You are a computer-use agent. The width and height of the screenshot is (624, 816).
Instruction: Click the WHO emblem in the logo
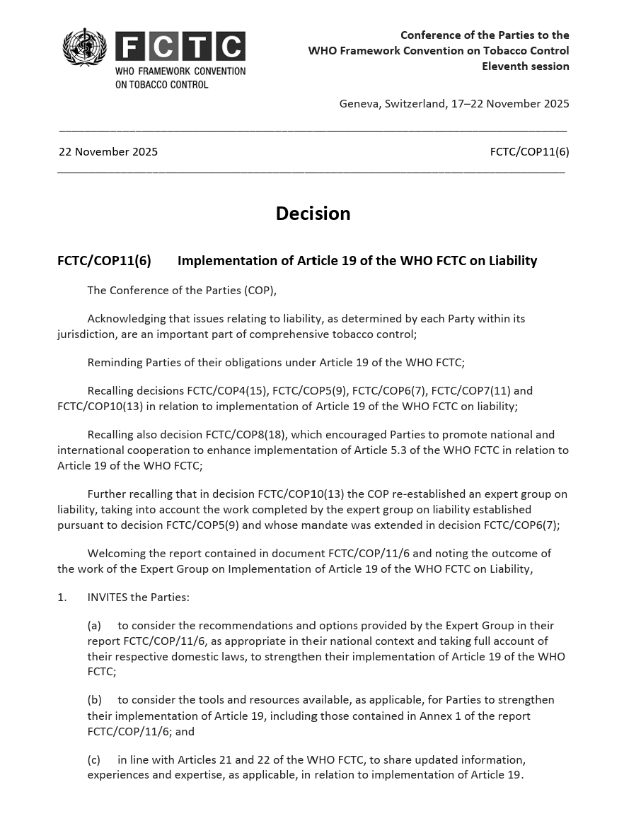pyautogui.click(x=85, y=47)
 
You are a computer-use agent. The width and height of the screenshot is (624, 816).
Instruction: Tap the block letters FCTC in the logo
pyautogui.click(x=180, y=47)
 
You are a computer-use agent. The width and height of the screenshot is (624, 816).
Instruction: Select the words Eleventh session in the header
pyautogui.click(x=525, y=66)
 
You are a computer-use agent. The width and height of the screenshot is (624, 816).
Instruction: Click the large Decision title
pyautogui.click(x=313, y=214)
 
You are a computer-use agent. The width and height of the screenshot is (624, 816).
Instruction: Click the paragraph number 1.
pyautogui.click(x=62, y=598)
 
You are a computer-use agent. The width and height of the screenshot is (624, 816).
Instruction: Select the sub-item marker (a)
pyautogui.click(x=95, y=626)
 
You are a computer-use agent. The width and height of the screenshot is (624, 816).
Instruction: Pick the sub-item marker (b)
pyautogui.click(x=95, y=700)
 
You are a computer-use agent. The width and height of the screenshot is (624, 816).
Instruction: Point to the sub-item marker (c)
pyautogui.click(x=94, y=760)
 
